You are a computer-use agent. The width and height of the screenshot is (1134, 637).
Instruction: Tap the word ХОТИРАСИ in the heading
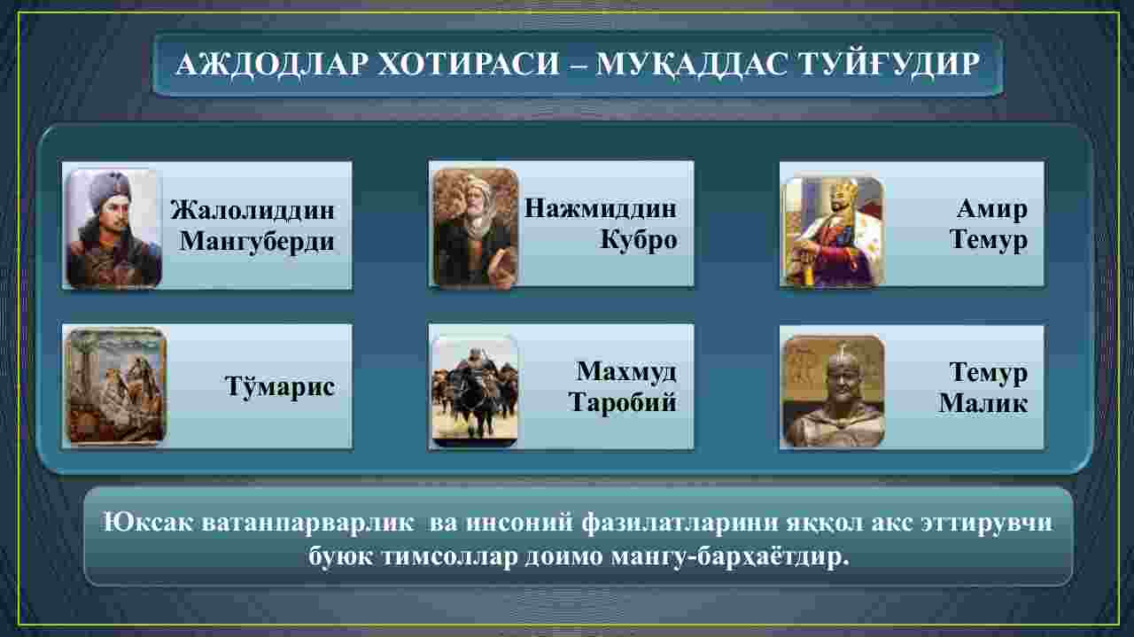pyautogui.click(x=470, y=65)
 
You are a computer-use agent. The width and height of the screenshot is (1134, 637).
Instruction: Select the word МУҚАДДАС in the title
pyautogui.click(x=691, y=65)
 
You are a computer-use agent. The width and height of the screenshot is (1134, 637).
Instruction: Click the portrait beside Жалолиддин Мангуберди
pyautogui.click(x=114, y=229)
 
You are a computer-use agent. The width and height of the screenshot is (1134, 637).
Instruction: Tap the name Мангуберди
pyautogui.click(x=257, y=241)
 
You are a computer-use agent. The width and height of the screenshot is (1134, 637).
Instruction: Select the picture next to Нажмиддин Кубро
pyautogui.click(x=476, y=228)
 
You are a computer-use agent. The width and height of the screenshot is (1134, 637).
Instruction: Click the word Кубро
pyautogui.click(x=639, y=239)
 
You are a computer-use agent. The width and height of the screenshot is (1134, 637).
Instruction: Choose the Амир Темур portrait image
pyautogui.click(x=834, y=230)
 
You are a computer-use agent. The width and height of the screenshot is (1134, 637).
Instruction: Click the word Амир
pyautogui.click(x=991, y=208)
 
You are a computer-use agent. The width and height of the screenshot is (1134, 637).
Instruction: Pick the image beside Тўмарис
pyautogui.click(x=117, y=386)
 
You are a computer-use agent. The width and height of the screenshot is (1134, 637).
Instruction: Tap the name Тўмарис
pyautogui.click(x=280, y=387)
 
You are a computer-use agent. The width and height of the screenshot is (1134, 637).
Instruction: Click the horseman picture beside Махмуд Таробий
pyautogui.click(x=475, y=391)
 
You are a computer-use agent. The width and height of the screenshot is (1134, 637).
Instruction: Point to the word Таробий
pyautogui.click(x=622, y=402)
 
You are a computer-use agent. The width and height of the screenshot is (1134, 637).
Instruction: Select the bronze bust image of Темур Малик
pyautogui.click(x=834, y=391)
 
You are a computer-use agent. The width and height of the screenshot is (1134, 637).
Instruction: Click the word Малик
pyautogui.click(x=983, y=404)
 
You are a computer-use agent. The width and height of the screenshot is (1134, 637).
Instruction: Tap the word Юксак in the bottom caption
pyautogui.click(x=147, y=523)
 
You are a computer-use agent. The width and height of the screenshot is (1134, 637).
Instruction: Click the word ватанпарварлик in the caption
pyautogui.click(x=307, y=523)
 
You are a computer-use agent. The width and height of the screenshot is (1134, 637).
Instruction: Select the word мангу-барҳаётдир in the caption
pyautogui.click(x=730, y=557)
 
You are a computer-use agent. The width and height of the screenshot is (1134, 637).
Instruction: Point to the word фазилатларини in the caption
pyautogui.click(x=680, y=523)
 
